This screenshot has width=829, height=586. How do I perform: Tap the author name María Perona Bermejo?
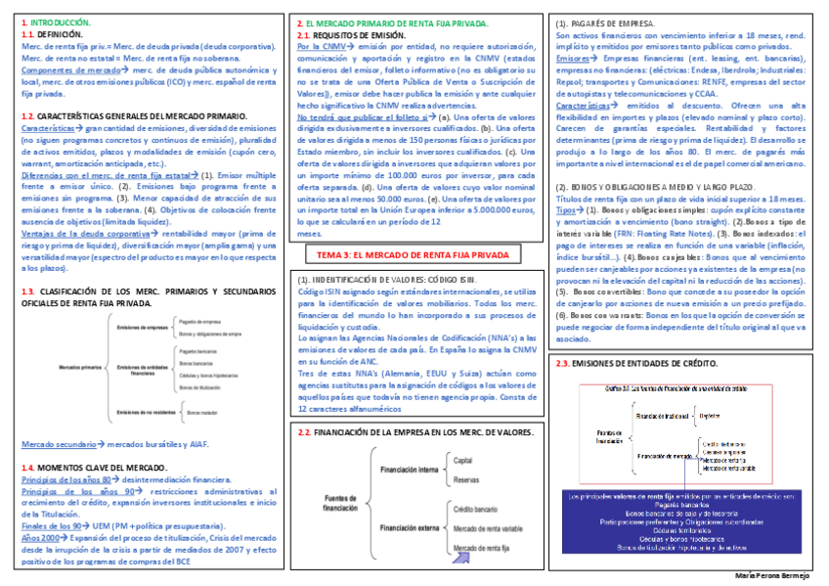772,576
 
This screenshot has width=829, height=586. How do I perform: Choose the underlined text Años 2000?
39,538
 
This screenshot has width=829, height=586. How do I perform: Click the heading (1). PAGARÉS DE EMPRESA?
605,21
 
